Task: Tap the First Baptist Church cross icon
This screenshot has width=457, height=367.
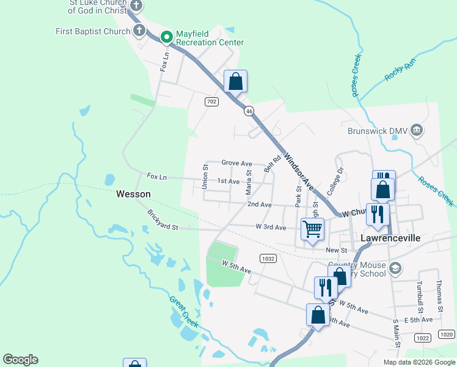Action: point(139,30)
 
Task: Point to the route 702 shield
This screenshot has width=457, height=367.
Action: point(211,102)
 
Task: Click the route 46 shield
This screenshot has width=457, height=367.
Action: point(249,111)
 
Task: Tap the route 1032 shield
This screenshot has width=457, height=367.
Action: point(268,259)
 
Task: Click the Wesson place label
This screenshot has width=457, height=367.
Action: point(133,194)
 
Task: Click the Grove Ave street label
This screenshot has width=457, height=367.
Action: point(237,163)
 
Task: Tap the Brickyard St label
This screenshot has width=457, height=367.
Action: point(162,220)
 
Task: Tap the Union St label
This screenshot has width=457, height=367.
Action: point(206,176)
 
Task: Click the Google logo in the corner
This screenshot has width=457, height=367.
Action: point(20,359)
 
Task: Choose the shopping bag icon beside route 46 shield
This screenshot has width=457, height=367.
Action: point(236,81)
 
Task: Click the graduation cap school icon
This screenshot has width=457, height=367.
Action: point(395,269)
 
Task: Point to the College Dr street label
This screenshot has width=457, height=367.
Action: point(335,182)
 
